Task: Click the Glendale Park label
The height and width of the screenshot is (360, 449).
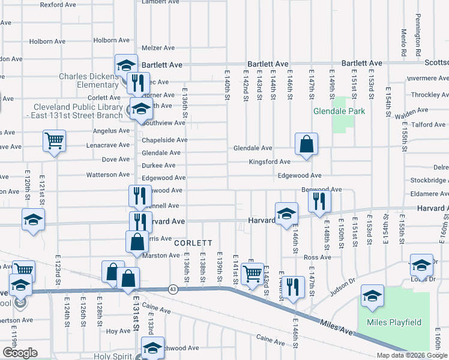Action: pyautogui.click(x=339, y=111)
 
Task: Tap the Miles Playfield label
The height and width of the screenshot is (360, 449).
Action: pyautogui.click(x=394, y=322)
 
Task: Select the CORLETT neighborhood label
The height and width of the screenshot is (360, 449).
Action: pyautogui.click(x=193, y=243)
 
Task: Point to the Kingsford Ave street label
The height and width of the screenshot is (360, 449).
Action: pyautogui.click(x=270, y=162)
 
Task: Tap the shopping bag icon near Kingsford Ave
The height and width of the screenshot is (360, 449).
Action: pyautogui.click(x=306, y=145)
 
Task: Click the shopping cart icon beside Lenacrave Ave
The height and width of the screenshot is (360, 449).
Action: pyautogui.click(x=54, y=142)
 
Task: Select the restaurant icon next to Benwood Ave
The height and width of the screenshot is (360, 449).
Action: pyautogui.click(x=319, y=202)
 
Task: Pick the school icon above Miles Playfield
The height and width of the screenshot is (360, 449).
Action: pyautogui.click(x=372, y=296)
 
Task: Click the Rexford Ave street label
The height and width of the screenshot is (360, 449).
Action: pyautogui.click(x=58, y=4)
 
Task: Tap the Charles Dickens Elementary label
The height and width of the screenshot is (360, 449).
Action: pyautogui.click(x=89, y=80)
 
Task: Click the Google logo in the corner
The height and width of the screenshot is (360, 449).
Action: pyautogui.click(x=20, y=353)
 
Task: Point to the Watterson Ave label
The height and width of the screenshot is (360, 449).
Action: pyautogui.click(x=109, y=175)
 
